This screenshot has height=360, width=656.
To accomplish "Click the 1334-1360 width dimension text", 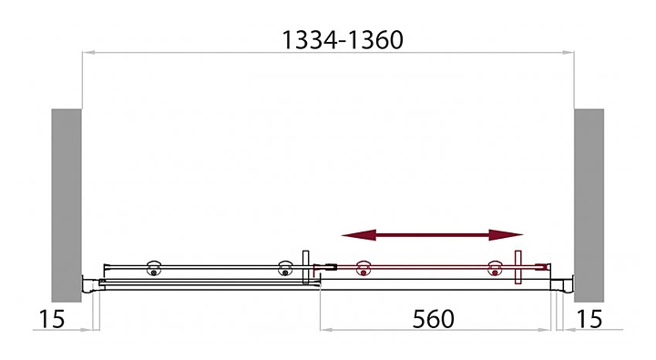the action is click(343, 40).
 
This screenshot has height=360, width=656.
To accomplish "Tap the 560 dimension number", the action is click(433, 319).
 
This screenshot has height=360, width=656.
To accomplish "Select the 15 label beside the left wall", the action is click(52, 319).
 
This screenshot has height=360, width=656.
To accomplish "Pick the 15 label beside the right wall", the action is click(589, 319).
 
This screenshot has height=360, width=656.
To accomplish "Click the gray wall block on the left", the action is click(67, 205).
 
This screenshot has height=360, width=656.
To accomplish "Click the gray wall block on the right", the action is click(589, 205).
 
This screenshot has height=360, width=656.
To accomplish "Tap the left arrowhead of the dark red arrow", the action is click(359, 235).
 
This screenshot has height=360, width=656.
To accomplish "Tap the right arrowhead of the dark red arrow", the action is click(507, 235).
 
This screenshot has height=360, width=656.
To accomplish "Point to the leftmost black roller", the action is click(154, 268).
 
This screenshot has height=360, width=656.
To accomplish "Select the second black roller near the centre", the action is click(285, 268).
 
